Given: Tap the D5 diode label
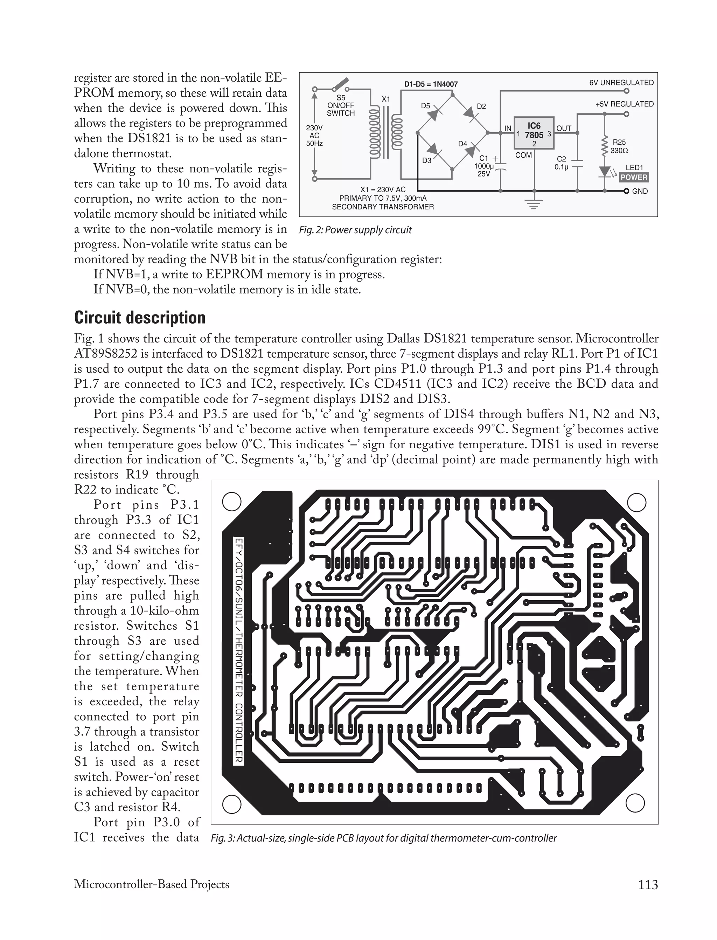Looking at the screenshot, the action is point(425,105).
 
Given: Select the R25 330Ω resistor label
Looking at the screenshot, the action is point(619,146).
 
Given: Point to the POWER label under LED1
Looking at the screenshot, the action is point(634,177).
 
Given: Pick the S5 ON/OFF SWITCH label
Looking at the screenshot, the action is point(341,105).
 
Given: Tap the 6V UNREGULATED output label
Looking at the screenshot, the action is point(621,83).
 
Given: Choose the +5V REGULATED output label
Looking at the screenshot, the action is point(624,104).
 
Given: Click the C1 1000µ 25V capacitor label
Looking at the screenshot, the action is point(484,166).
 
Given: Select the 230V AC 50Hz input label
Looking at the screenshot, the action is point(314,135).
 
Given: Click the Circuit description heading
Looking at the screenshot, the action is point(140,318).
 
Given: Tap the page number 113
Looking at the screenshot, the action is point(648,885).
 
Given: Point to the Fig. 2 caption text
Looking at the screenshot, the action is point(355,230).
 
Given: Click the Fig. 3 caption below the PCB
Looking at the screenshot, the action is point(384,838).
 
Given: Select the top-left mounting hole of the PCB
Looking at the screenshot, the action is point(232,502).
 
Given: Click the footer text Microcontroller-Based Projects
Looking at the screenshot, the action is point(152,884).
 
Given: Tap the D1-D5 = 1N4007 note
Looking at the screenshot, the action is point(431,84).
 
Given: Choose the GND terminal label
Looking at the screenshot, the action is point(640,191).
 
